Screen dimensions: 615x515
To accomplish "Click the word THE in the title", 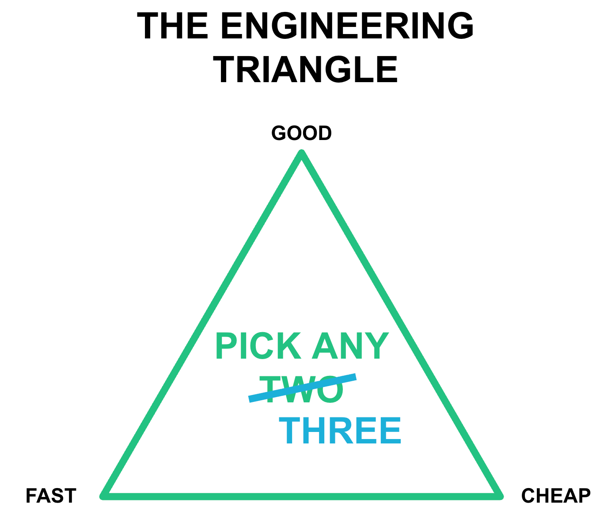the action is (x=172, y=27).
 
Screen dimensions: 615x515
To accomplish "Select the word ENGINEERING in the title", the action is (x=347, y=27).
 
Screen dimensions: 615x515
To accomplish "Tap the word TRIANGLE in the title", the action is (x=305, y=70).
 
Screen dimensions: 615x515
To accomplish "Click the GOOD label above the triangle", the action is (x=302, y=133).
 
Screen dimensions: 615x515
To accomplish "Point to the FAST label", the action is (x=51, y=496).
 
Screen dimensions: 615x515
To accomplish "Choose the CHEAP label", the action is (x=556, y=496).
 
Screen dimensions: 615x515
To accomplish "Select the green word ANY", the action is (x=350, y=347).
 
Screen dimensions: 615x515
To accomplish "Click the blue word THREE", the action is (x=340, y=431).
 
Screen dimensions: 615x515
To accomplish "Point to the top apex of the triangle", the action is (x=302, y=154).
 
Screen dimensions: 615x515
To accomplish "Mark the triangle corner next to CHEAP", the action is (x=500, y=495).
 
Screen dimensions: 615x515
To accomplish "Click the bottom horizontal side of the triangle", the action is (x=302, y=496).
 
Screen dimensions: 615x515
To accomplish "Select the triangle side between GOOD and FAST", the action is (x=202, y=325).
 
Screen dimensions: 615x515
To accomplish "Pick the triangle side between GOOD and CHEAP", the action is (x=401, y=325).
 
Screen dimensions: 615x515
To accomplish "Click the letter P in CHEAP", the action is (x=584, y=496).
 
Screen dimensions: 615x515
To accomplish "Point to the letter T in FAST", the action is (x=70, y=496).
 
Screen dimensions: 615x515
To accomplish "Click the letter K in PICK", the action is (x=289, y=347).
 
